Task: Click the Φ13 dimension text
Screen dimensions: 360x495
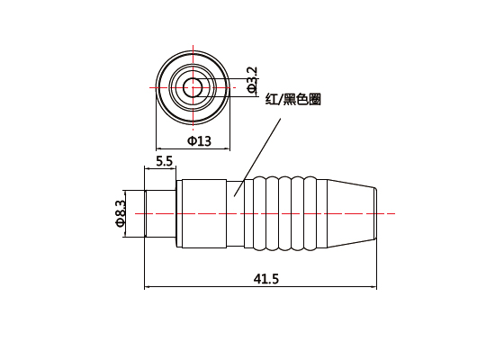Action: click(x=199, y=141)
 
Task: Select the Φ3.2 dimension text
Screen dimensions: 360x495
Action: click(x=252, y=78)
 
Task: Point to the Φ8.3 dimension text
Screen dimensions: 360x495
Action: click(x=120, y=213)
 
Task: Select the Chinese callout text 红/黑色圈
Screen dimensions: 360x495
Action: click(x=292, y=100)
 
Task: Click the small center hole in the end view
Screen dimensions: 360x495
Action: click(x=193, y=86)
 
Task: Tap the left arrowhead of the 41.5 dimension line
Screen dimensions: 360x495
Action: click(x=149, y=288)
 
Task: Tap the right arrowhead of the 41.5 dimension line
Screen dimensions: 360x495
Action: click(x=373, y=288)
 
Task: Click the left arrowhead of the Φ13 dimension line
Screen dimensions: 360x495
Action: click(x=160, y=148)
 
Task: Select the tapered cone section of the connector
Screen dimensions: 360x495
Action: click(x=347, y=213)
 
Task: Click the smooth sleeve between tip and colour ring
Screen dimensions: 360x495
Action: click(x=202, y=213)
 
